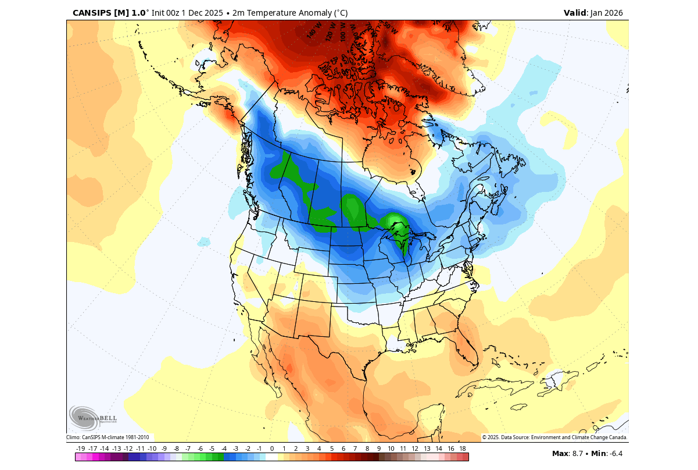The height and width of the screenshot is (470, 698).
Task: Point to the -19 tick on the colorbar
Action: pyautogui.click(x=80, y=448)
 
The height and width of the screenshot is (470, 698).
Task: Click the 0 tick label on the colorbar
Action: pyautogui.click(x=271, y=448)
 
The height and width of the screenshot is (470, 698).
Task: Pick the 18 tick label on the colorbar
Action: pyautogui.click(x=463, y=448)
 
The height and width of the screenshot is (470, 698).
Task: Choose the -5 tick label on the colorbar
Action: pyautogui.click(x=212, y=448)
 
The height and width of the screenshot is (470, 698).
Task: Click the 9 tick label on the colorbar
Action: pyautogui.click(x=379, y=448)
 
